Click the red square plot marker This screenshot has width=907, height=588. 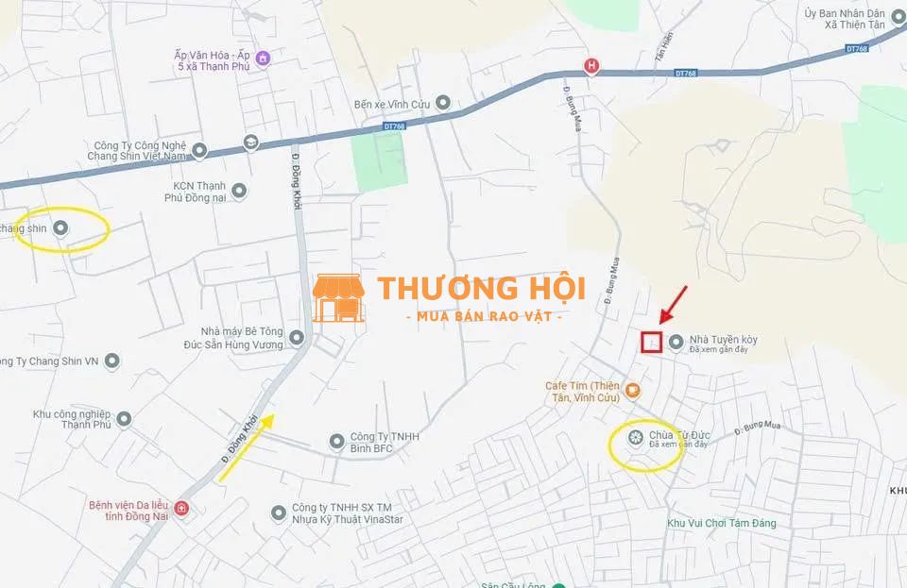(651, 342)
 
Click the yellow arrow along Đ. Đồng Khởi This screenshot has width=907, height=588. (247, 446)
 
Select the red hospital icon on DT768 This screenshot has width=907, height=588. (591, 66)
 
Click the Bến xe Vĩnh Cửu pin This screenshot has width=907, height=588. (442, 102)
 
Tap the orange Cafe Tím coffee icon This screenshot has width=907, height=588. (632, 390)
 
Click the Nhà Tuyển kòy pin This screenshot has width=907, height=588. (676, 342)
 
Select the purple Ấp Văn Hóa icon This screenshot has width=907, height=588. (263, 59)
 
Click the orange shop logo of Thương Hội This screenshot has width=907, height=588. (338, 298)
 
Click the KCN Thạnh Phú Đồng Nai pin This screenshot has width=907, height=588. (238, 191)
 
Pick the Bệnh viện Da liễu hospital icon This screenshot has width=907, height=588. (181, 509)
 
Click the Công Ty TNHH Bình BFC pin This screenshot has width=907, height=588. (336, 441)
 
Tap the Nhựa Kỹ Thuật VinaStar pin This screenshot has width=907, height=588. (278, 512)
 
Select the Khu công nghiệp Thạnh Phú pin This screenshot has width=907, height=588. (124, 418)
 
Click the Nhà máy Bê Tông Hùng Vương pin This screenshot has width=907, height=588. (297, 337)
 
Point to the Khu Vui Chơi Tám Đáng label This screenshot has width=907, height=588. (721, 523)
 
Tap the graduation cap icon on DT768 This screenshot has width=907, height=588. (250, 143)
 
